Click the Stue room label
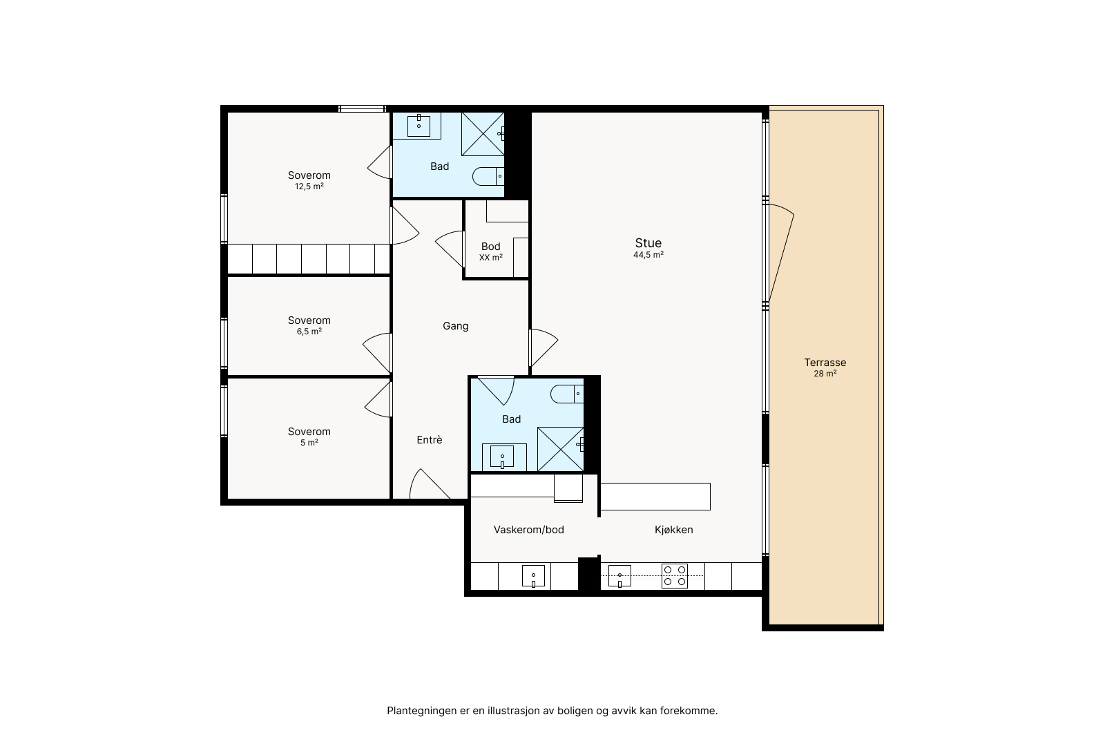click(648, 242)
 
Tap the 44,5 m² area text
click(648, 255)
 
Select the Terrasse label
click(825, 363)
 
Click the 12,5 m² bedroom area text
click(309, 186)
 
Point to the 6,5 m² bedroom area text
click(309, 332)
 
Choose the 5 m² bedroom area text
click(309, 443)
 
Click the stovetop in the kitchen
click(675, 575)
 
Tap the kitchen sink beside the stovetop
click(619, 576)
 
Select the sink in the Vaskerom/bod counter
click(533, 576)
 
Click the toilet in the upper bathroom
click(488, 176)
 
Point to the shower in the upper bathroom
click(483, 134)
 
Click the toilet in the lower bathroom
click(567, 394)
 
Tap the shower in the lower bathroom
click(560, 449)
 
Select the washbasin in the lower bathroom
click(502, 457)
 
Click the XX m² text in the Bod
click(491, 258)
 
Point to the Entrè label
click(429, 439)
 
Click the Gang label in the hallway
click(455, 326)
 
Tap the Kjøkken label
click(674, 530)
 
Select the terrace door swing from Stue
click(782, 251)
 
